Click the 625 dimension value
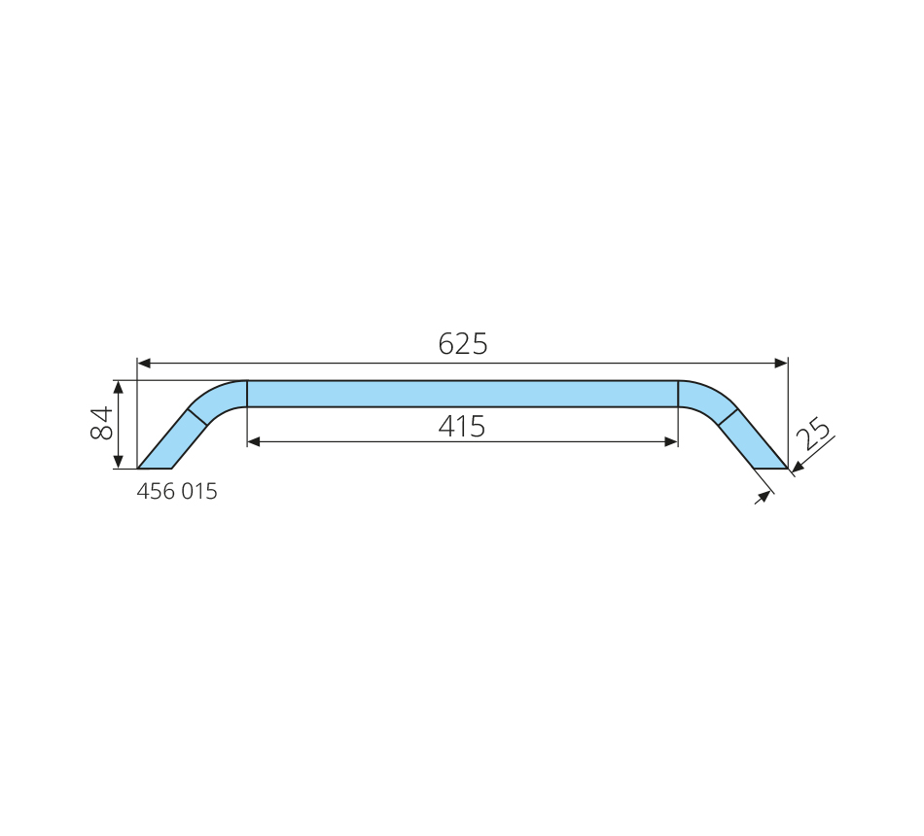(x=463, y=344)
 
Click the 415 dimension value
(x=462, y=427)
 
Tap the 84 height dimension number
(x=101, y=423)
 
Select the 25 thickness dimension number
(x=813, y=434)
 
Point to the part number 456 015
(x=177, y=491)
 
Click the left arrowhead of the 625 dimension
(x=143, y=363)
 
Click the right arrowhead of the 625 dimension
(x=781, y=363)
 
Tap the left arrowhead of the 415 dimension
(x=254, y=442)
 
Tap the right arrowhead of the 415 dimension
(x=671, y=442)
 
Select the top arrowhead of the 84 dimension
(x=119, y=387)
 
